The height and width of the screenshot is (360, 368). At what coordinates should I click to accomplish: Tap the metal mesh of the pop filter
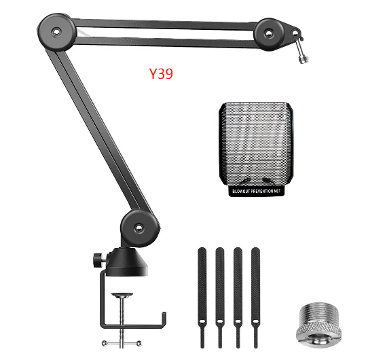pyautogui.click(x=255, y=143)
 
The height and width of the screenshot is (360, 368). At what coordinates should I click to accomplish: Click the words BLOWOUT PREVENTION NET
pyautogui.click(x=255, y=192)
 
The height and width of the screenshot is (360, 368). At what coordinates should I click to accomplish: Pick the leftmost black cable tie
pyautogui.click(x=202, y=292)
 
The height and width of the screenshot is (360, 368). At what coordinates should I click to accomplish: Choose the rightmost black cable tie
pyautogui.click(x=255, y=292)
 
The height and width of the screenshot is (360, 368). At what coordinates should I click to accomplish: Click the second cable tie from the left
pyautogui.click(x=219, y=292)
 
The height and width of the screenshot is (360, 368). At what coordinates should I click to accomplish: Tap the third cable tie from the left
pyautogui.click(x=238, y=292)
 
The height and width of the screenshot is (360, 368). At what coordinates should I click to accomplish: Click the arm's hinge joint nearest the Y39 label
pyautogui.click(x=51, y=29)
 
